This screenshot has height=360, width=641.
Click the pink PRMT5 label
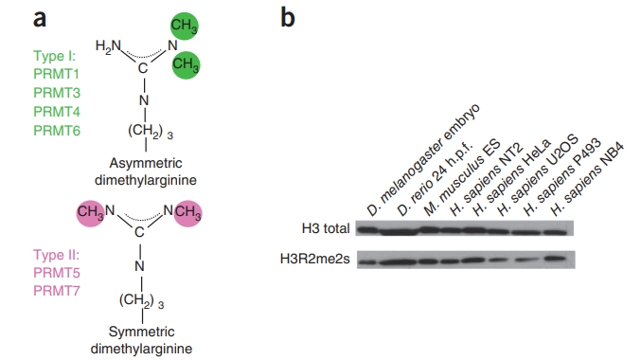[54, 274]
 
